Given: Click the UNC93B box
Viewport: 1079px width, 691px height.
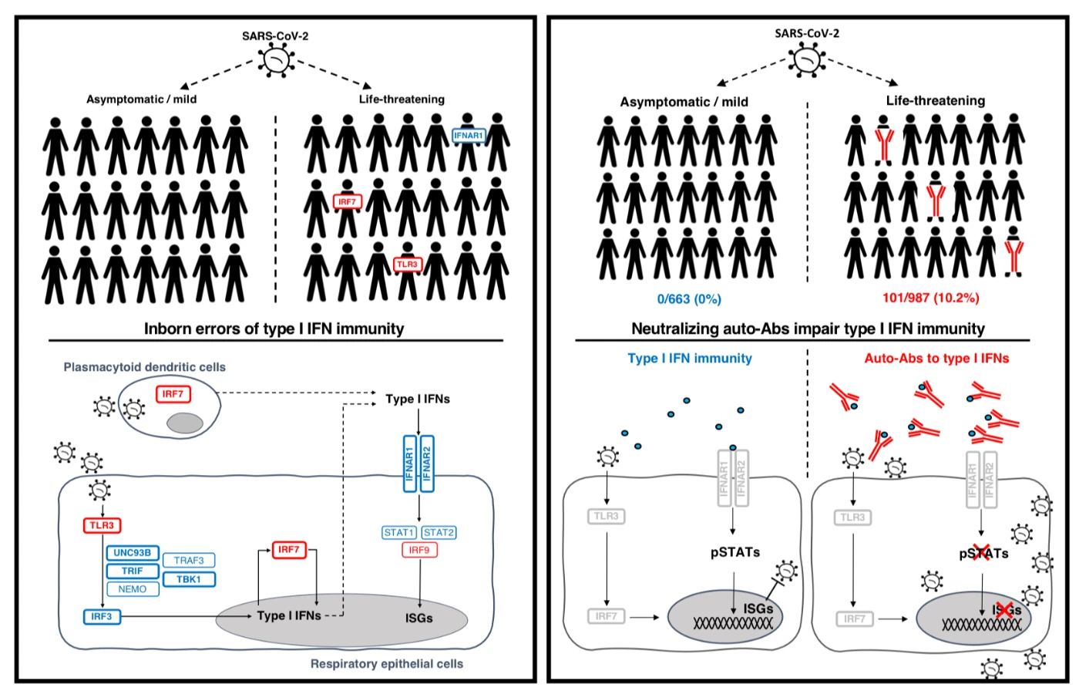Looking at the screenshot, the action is (x=133, y=553).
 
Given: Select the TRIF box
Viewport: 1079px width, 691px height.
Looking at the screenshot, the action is (x=133, y=571).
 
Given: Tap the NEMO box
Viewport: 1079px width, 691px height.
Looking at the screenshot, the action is (x=133, y=589).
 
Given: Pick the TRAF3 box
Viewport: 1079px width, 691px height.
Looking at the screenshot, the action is (x=189, y=561).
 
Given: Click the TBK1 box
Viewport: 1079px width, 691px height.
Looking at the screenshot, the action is (x=189, y=579).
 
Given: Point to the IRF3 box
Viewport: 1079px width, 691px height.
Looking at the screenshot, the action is (x=102, y=617).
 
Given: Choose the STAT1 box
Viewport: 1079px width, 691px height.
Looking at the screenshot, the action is (x=399, y=532).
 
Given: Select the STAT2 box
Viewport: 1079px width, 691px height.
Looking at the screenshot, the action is (x=439, y=532).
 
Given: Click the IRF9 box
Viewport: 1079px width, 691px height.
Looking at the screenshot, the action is (x=419, y=550).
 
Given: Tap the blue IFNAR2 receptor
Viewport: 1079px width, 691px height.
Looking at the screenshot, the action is (x=427, y=464).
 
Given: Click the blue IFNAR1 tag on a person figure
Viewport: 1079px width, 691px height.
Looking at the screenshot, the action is (x=469, y=136).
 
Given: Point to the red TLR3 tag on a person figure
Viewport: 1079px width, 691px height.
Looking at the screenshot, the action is (x=408, y=265).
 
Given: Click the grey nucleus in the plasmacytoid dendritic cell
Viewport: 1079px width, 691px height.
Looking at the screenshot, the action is (x=185, y=423).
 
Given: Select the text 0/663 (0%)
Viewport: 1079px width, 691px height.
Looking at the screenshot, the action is (x=689, y=299).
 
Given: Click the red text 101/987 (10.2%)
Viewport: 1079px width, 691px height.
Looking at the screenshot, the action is (x=931, y=298).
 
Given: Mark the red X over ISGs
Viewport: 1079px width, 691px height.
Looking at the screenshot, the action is (x=1005, y=611).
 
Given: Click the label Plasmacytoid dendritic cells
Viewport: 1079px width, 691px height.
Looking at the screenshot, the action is (x=145, y=367).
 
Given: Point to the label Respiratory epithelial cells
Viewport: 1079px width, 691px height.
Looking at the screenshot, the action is (x=387, y=664).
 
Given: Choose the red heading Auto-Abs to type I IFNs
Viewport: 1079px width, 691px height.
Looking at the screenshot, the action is (x=936, y=359).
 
